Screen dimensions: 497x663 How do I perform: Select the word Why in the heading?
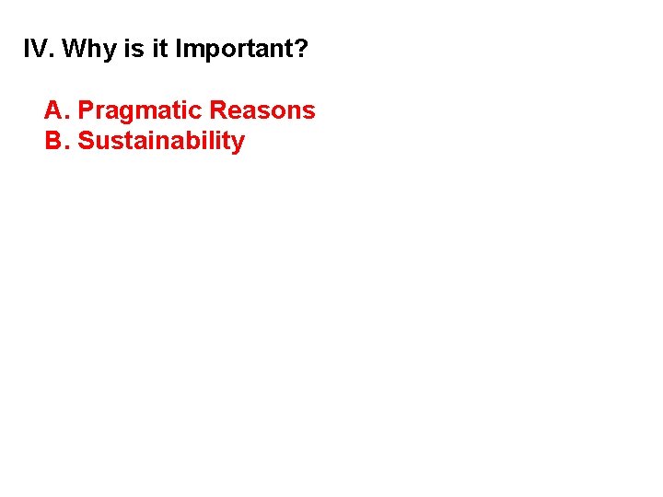click(87, 49)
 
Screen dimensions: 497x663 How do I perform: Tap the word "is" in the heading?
click(134, 49)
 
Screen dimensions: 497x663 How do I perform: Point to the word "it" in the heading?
click(160, 49)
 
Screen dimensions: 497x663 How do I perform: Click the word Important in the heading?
click(235, 50)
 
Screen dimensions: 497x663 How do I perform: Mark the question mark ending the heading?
click(302, 49)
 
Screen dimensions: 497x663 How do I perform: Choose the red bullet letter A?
click(53, 111)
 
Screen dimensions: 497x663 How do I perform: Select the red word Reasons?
click(262, 111)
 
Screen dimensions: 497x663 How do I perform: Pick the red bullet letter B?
click(53, 142)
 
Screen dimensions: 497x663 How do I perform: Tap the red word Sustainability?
click(161, 143)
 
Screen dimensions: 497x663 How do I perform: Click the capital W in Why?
click(74, 49)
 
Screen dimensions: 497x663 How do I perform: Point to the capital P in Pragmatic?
click(86, 111)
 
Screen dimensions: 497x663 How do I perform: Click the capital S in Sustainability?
click(86, 142)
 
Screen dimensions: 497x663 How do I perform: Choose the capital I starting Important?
click(178, 49)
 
